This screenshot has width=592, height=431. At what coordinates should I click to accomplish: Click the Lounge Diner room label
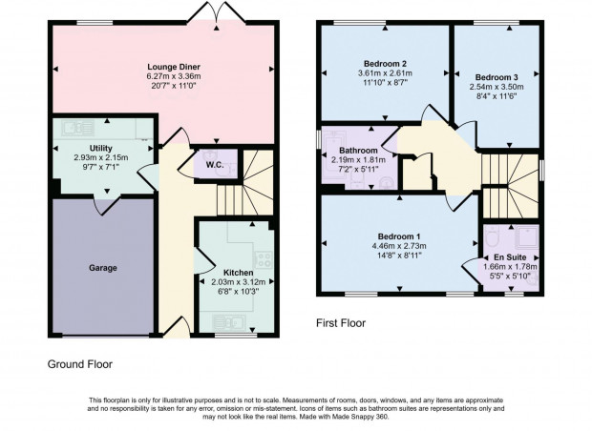[x=174, y=67]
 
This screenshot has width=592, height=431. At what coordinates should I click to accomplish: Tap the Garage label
[x=103, y=268]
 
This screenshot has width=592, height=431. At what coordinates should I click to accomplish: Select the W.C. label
[x=215, y=165]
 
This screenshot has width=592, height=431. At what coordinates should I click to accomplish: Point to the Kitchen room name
[x=239, y=273]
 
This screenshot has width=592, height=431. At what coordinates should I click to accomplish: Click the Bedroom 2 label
[x=385, y=63]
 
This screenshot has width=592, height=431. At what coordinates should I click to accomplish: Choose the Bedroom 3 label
[x=497, y=77]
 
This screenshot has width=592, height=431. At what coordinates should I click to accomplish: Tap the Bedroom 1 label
[x=399, y=236]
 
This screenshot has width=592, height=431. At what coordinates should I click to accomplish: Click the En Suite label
[x=510, y=257]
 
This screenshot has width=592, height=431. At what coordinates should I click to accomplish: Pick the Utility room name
[x=101, y=148]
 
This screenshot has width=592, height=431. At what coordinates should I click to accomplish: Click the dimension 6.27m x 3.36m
[x=174, y=76]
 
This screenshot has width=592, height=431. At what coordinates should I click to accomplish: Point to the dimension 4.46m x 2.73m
[x=399, y=246]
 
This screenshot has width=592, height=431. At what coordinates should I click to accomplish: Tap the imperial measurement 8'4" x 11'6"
[x=497, y=96]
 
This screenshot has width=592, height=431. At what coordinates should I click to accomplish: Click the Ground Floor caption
[x=80, y=364]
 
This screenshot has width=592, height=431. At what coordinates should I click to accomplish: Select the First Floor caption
[x=341, y=323]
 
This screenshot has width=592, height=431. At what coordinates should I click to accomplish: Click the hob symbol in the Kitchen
[x=264, y=259]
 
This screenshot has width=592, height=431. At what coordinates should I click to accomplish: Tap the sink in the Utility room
[x=77, y=128]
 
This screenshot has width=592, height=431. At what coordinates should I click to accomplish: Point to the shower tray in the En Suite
[x=525, y=237]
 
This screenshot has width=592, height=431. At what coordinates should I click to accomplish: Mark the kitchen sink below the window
[x=229, y=323]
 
